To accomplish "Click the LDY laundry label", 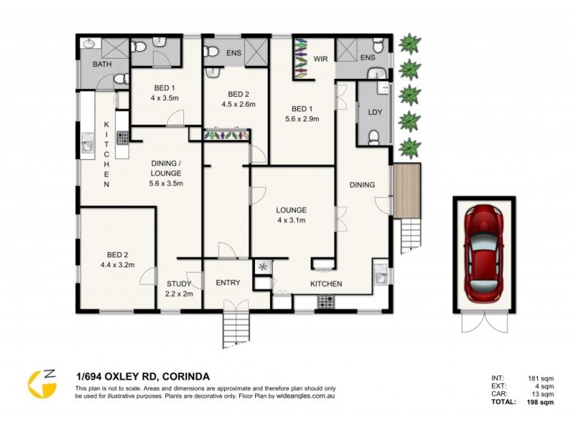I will click(x=374, y=113).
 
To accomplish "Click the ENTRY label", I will click(x=228, y=283).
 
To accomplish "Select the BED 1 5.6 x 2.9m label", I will click(x=302, y=113).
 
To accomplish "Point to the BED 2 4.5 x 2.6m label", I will click(x=237, y=99).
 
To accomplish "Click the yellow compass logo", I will click(x=42, y=383).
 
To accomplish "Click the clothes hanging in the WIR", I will click(x=299, y=59).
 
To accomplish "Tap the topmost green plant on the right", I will click(x=409, y=44).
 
